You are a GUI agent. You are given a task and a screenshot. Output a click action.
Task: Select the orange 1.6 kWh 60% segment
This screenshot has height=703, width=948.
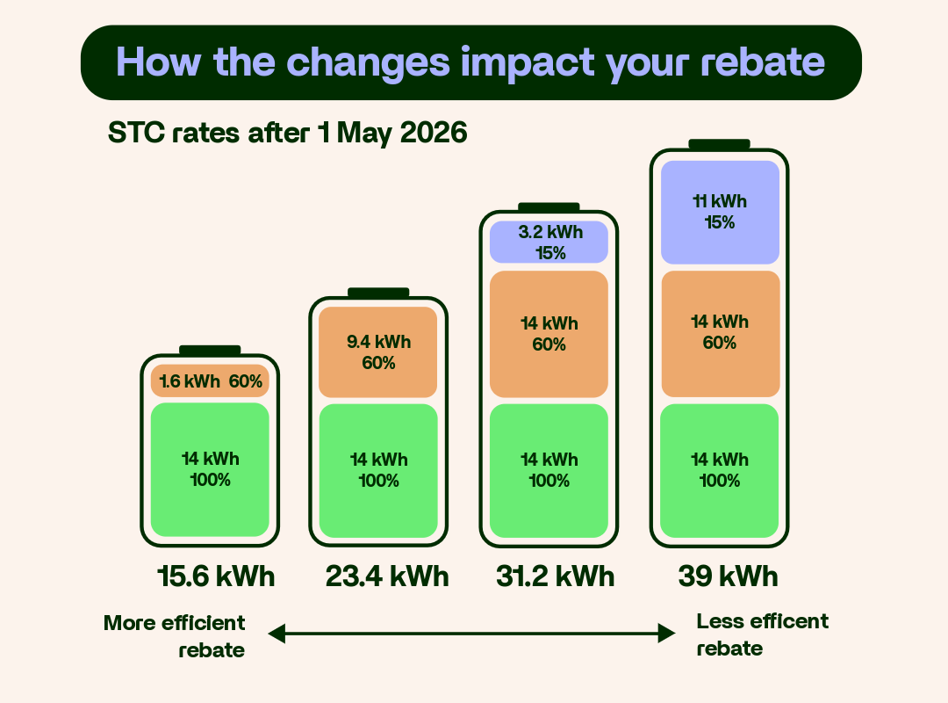pyautogui.click(x=210, y=381)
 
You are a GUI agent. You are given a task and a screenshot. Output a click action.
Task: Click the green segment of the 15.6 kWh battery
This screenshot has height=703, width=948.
pyautogui.click(x=210, y=469)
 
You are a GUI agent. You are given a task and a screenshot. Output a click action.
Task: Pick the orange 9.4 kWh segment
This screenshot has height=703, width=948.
pyautogui.click(x=378, y=352)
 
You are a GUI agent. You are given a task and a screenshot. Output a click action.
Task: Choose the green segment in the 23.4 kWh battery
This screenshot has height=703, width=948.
pyautogui.click(x=378, y=470)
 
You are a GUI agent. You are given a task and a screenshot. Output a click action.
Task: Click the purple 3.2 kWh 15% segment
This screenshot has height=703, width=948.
pyautogui.click(x=549, y=243)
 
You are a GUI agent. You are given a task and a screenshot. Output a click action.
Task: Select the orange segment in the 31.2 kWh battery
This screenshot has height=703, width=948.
pyautogui.click(x=549, y=334)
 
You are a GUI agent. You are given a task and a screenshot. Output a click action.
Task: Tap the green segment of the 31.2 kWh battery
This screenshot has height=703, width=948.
pyautogui.click(x=549, y=470)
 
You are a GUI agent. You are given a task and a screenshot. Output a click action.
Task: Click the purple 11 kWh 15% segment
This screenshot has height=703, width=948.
pyautogui.click(x=720, y=213)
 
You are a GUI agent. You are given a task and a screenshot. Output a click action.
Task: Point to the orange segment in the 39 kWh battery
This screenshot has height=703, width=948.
pyautogui.click(x=720, y=333)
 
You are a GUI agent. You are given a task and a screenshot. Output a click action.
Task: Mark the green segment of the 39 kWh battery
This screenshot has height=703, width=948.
pyautogui.click(x=720, y=470)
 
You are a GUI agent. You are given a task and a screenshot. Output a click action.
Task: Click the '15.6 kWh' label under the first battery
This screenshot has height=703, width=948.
pyautogui.click(x=216, y=576)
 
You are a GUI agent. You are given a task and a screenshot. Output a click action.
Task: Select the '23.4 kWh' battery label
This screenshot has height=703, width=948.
pyautogui.click(x=386, y=576)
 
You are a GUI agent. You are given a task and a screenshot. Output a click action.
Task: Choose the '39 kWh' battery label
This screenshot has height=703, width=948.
pyautogui.click(x=728, y=576)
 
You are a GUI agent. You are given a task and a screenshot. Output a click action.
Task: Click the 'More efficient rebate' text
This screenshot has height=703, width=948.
pyautogui.click(x=175, y=636)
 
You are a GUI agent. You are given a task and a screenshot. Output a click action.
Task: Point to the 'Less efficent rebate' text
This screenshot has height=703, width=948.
pyautogui.click(x=762, y=634)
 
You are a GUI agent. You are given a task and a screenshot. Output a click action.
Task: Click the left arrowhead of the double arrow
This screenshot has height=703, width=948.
pyautogui.click(x=276, y=633)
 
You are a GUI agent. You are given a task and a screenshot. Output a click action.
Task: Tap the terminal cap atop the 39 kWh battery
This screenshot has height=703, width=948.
pyautogui.click(x=719, y=144)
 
